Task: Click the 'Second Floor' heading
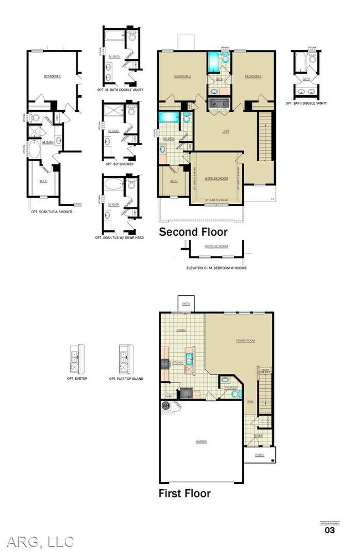coord(193,232)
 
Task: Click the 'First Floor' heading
coord(184,492)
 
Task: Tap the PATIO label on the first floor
coord(186,303)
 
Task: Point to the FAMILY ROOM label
coord(246,341)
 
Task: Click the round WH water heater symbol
coord(165,406)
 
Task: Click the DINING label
coord(181,330)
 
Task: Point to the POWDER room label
coord(233,387)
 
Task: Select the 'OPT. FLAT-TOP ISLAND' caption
coord(126,378)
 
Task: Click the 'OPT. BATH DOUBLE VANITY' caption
coord(306,103)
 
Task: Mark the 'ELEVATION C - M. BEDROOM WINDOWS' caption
coord(217,268)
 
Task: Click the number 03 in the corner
coord(329,530)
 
